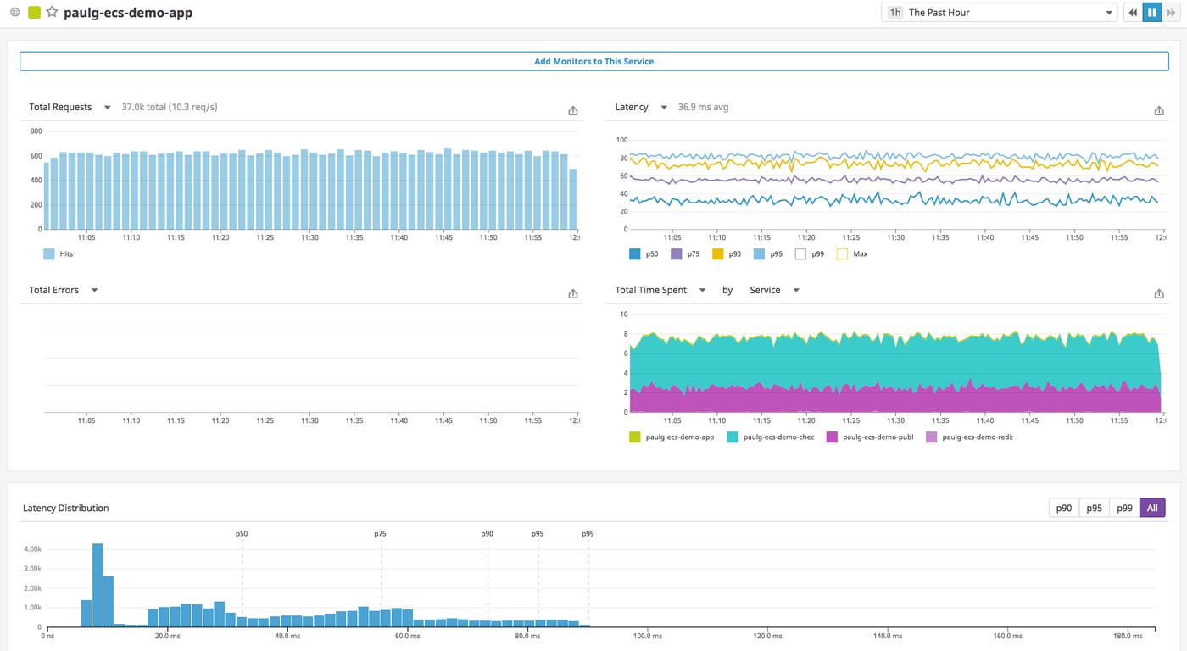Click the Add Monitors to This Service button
tap(593, 61)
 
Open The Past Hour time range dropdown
tap(1000, 13)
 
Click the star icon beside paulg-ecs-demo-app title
tap(52, 13)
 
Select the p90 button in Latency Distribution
tap(1063, 508)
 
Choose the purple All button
tap(1151, 508)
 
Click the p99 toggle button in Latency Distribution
tap(1123, 508)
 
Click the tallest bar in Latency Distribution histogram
tap(98, 584)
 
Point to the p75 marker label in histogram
tap(380, 534)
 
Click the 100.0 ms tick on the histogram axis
tap(642, 635)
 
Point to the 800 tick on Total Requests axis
tap(36, 131)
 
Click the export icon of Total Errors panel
tap(573, 293)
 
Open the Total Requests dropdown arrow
tap(107, 108)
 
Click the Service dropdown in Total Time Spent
tap(774, 290)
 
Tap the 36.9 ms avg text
tap(703, 108)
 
